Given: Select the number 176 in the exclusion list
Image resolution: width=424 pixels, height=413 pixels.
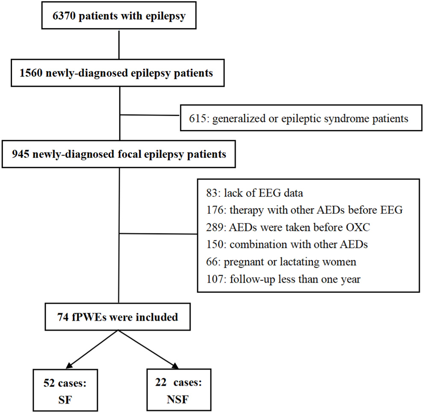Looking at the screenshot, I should (x=214, y=210).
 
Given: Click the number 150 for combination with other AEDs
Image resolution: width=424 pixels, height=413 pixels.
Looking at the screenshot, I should (x=214, y=245).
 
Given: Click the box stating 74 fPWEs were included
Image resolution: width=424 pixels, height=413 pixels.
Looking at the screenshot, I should (x=118, y=317).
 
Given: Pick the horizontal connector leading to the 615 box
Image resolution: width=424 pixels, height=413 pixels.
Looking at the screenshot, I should (x=149, y=115).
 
